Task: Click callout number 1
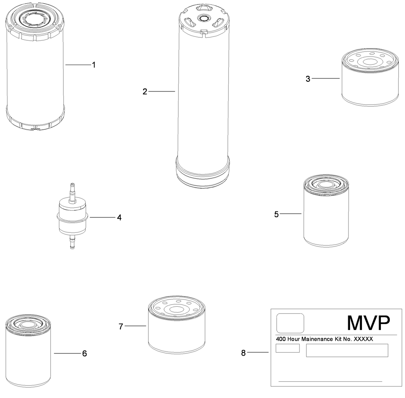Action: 94,65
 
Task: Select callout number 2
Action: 145,91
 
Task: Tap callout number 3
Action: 308,79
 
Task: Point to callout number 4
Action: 119,217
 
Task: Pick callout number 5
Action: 276,214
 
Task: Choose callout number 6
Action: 85,353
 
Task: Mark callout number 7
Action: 121,326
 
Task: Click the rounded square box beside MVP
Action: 290,323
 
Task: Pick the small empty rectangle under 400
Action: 287,348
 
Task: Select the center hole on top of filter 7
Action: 176,309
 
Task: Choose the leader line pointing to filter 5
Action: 291,214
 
